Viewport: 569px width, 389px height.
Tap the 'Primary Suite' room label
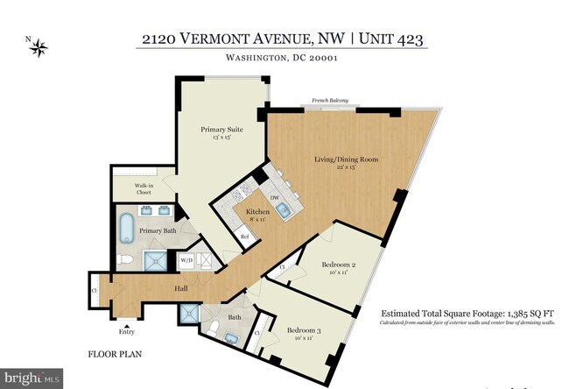pos(221,130)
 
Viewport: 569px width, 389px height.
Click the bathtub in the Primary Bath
pos(127,228)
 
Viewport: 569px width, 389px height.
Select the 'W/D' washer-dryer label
pos(186,260)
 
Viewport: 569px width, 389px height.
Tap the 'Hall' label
pos(180,288)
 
